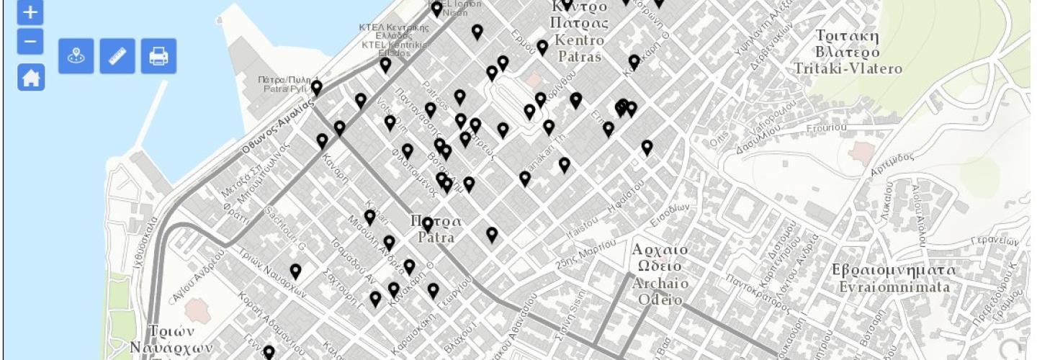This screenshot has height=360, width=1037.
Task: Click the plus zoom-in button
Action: pos(30,12)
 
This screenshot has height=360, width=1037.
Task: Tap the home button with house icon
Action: pos(30,78)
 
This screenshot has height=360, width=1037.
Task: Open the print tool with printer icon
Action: pos(158,56)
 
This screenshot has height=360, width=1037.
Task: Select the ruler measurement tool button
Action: pos(117,56)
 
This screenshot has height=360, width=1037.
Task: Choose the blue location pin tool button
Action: pos(76,56)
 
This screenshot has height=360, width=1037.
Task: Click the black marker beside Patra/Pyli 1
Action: pos(316,87)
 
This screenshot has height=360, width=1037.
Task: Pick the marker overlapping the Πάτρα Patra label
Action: pos(428,224)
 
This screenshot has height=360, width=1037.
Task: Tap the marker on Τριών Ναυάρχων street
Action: pos(295,271)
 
